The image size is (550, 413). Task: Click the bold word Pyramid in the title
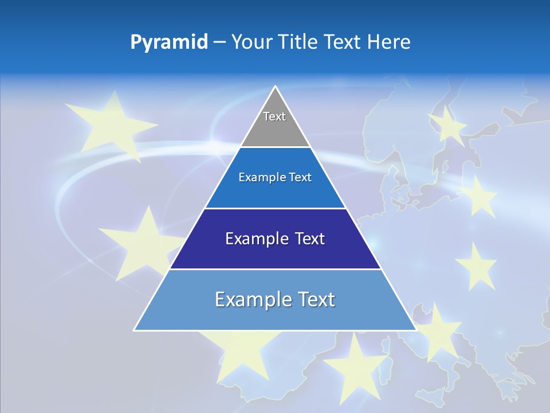coord(168,42)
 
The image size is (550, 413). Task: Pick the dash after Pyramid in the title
coord(219,42)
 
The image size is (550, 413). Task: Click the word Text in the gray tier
coord(274,116)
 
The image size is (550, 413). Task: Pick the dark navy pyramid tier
coord(275,255)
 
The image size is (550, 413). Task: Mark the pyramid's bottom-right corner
coord(415,329)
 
